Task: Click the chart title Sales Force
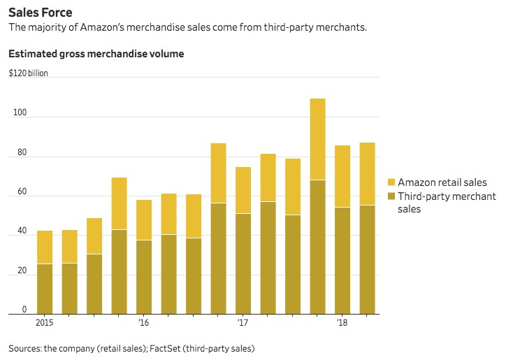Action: tap(40, 13)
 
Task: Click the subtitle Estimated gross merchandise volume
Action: tap(96, 54)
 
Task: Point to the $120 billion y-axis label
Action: tap(29, 73)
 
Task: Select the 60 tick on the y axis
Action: tap(17, 192)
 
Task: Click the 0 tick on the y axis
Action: tap(24, 309)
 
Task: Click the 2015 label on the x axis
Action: tap(45, 322)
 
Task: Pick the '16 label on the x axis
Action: tap(144, 322)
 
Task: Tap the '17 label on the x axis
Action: tap(243, 322)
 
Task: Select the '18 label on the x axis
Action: tap(342, 322)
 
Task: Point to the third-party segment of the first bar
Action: tap(45, 289)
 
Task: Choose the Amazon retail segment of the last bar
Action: tap(367, 174)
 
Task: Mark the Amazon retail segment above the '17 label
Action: tap(243, 190)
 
